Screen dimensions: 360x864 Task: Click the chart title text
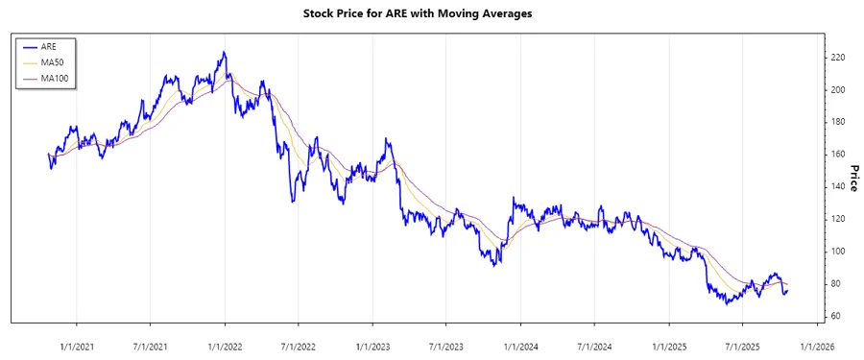(x=431, y=13)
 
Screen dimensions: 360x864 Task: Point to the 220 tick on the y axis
(x=837, y=58)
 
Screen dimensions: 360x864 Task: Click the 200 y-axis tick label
(x=837, y=90)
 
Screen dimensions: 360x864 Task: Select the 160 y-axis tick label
(x=837, y=155)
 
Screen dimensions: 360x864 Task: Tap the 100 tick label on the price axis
(x=837, y=252)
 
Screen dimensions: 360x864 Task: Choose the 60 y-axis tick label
(x=835, y=316)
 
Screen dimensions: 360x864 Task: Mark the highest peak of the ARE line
(x=223, y=52)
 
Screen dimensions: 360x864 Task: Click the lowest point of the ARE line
(x=727, y=303)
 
